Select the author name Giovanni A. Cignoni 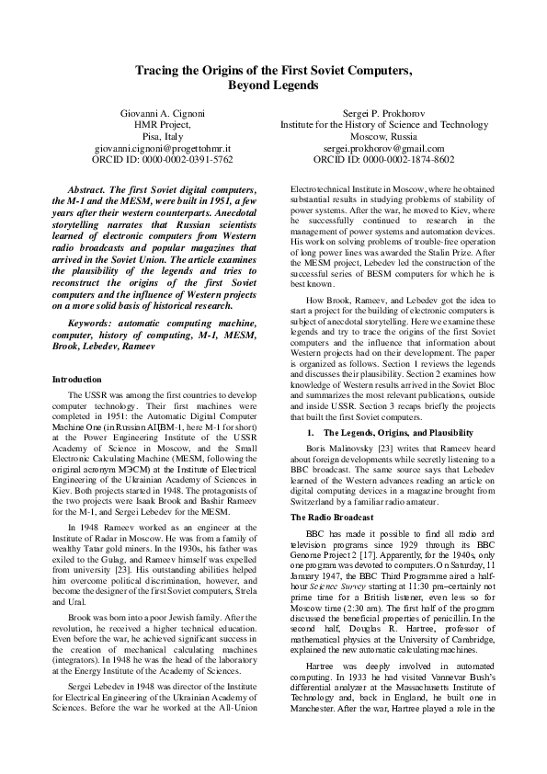pyautogui.click(x=164, y=112)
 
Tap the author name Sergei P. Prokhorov pyautogui.click(x=383, y=112)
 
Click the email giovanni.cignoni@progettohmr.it pyautogui.click(x=164, y=147)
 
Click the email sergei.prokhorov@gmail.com pyautogui.click(x=383, y=147)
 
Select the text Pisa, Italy pyautogui.click(x=164, y=135)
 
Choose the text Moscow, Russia pyautogui.click(x=383, y=135)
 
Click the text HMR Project pyautogui.click(x=164, y=124)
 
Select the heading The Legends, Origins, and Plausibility pyautogui.click(x=398, y=431)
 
